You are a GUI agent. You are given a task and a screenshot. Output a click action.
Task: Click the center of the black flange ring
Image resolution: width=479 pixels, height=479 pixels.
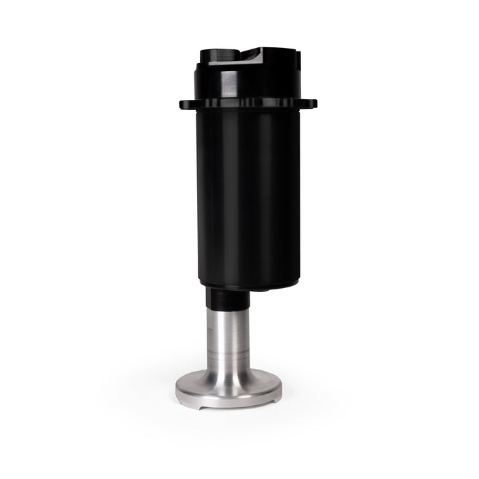click(248, 104)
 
